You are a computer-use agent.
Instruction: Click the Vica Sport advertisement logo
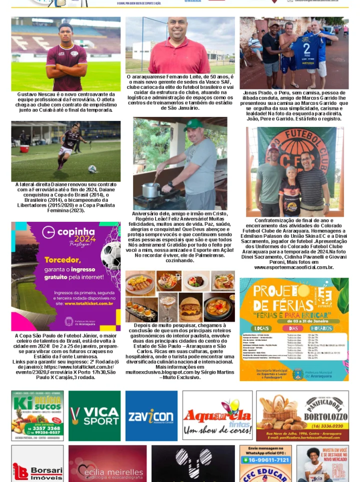[94, 416]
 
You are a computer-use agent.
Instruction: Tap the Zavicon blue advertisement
[151, 416]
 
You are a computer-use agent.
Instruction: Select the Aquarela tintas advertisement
[216, 416]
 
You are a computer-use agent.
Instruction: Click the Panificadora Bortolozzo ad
[302, 416]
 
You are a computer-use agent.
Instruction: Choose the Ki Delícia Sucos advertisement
[37, 416]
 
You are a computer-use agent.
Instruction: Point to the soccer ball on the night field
[92, 169]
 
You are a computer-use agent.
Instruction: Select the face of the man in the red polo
[177, 28]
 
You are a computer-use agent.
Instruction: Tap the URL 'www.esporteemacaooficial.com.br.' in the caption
[293, 268]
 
